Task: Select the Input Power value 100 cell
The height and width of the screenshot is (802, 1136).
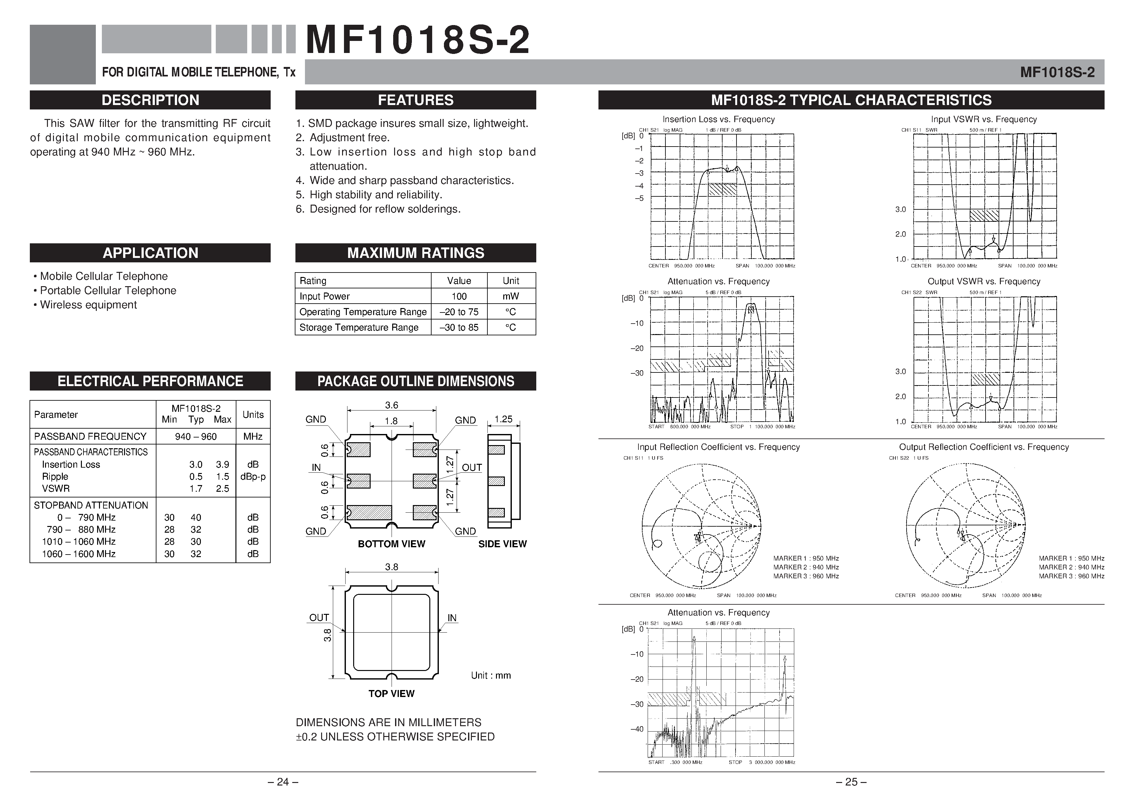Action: tap(459, 296)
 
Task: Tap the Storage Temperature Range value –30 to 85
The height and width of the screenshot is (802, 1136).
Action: tap(459, 327)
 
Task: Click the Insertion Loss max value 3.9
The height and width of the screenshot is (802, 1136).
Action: tap(222, 464)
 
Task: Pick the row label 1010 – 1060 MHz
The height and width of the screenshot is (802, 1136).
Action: tap(79, 542)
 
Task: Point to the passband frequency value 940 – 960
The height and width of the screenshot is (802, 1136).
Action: tap(195, 437)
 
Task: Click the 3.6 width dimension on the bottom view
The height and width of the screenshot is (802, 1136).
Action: tap(391, 405)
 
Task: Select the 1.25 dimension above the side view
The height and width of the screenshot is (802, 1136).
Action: tap(503, 419)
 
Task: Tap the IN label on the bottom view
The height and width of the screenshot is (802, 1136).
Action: tap(316, 468)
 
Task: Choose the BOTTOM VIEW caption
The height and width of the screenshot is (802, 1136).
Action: tap(391, 544)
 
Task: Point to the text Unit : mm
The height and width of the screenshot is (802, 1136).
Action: tap(490, 675)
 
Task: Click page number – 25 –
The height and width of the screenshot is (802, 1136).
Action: tap(850, 782)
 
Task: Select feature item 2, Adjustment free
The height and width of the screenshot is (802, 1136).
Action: tap(349, 138)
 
